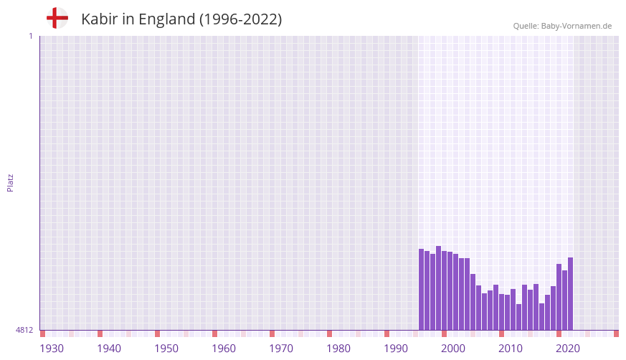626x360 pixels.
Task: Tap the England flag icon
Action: (x=57, y=18)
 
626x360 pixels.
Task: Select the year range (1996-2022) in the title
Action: (x=241, y=19)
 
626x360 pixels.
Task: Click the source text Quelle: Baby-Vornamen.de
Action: (x=562, y=26)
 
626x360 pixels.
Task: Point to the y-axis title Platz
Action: (x=10, y=182)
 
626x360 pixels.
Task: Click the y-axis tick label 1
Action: (x=30, y=36)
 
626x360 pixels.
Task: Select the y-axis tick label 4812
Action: (x=24, y=330)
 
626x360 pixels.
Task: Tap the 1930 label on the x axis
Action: (x=52, y=349)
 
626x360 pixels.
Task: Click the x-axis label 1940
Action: (x=109, y=349)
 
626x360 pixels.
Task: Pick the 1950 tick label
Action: (x=166, y=349)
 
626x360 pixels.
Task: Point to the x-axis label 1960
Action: (x=224, y=349)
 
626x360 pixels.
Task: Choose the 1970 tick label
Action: (x=281, y=349)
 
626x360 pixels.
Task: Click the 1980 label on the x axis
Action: (x=338, y=349)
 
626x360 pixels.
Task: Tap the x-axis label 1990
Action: (x=396, y=349)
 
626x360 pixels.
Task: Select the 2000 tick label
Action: (x=453, y=349)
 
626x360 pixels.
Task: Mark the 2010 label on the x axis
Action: (x=511, y=349)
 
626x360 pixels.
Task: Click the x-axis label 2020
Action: (x=568, y=349)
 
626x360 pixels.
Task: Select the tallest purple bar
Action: (x=439, y=288)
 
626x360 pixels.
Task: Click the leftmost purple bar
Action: (x=422, y=289)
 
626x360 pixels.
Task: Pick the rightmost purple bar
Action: (x=571, y=293)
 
